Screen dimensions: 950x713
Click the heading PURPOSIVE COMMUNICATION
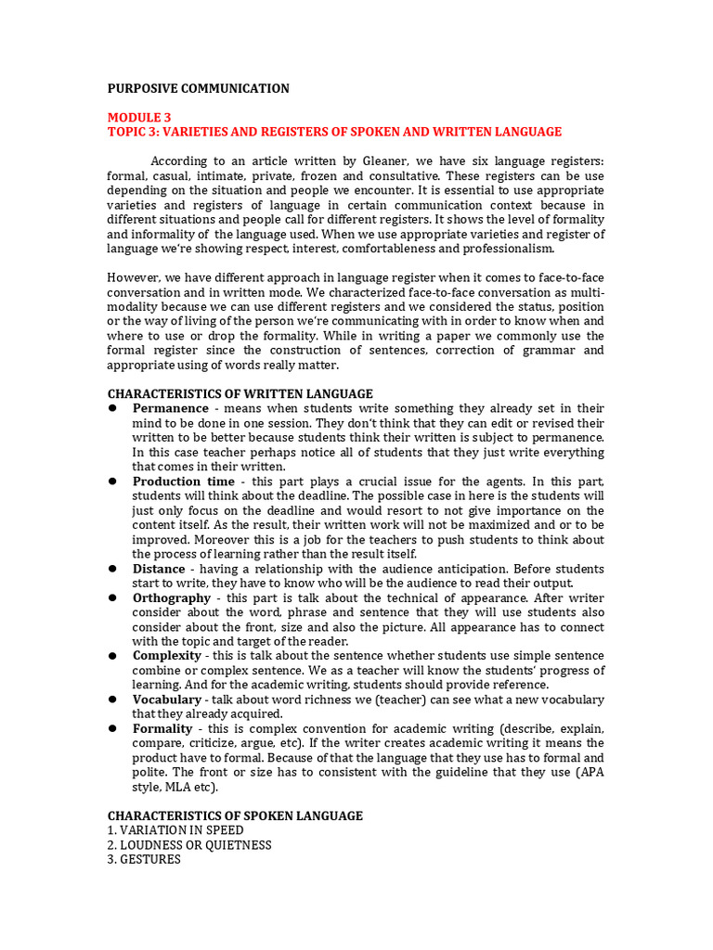[x=198, y=88]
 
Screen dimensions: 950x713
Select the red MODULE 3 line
[x=139, y=117]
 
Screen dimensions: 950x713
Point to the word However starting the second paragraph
[x=133, y=277]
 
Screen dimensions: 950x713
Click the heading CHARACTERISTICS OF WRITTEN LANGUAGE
[x=240, y=394]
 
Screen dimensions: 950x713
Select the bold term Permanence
[x=170, y=408]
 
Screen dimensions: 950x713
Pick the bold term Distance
[x=159, y=569]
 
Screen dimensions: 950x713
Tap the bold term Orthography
[x=172, y=598]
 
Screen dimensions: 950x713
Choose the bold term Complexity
[x=167, y=656]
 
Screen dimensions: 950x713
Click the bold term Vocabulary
[x=167, y=700]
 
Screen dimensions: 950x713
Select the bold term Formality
[x=163, y=729]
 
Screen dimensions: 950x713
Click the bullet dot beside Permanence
[x=111, y=408]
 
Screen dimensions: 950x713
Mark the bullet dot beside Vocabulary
[x=111, y=700]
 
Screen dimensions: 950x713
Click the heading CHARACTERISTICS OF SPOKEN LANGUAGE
[x=235, y=815]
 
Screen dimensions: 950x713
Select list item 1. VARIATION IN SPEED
[x=175, y=830]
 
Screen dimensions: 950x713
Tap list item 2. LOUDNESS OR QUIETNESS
[x=189, y=845]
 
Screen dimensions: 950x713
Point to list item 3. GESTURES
[x=144, y=860]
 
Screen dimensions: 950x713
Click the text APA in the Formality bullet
[x=589, y=773]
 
